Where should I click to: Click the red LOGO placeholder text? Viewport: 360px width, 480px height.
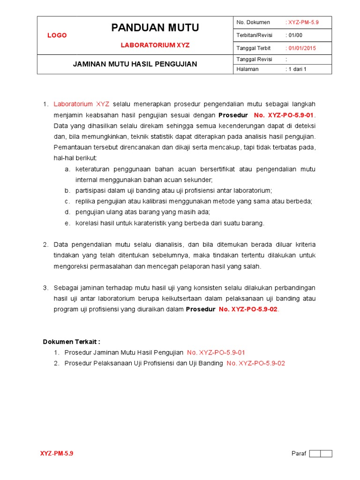click(57, 36)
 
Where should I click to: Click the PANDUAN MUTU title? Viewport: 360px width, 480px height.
click(155, 28)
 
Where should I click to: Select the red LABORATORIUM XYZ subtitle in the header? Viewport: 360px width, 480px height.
click(155, 45)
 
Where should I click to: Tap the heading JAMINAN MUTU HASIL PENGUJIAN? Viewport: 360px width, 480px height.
click(135, 64)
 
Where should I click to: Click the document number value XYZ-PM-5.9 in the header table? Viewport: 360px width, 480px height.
click(303, 22)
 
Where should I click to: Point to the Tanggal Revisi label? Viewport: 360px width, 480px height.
click(255, 60)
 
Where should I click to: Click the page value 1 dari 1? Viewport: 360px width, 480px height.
click(297, 69)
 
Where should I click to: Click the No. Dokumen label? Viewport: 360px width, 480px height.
click(254, 22)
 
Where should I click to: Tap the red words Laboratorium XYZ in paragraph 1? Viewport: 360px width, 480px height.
click(82, 104)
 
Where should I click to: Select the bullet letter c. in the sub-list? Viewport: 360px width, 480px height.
click(67, 202)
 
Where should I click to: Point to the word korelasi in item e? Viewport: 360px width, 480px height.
click(87, 223)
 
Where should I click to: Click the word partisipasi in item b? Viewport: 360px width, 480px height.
click(91, 191)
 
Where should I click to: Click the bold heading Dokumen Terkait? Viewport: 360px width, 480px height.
click(72, 342)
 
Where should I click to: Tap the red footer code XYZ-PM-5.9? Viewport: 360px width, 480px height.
click(57, 454)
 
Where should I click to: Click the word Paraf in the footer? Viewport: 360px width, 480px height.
click(299, 454)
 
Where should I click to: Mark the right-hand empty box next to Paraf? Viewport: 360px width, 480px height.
click(327, 454)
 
